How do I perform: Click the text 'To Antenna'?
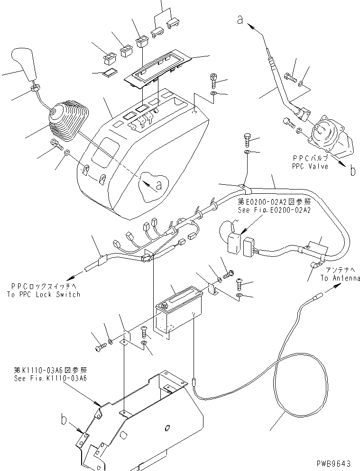coord(340,278)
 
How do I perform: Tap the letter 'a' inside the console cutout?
coord(158,185)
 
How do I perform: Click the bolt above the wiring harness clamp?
coord(247,139)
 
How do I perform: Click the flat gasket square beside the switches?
coord(111,72)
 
